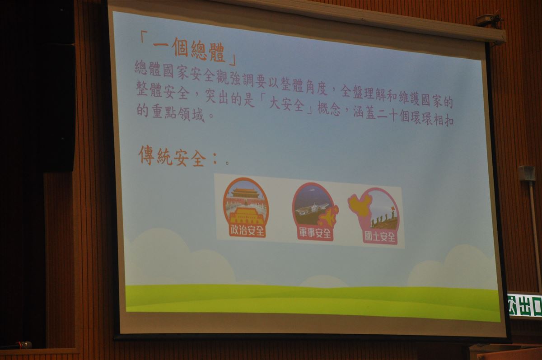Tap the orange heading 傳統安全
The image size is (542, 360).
point(172,156)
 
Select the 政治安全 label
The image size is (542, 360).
point(247,231)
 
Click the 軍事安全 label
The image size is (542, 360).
point(315,234)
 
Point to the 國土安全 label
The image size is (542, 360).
point(380,237)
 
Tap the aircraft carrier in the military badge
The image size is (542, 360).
point(312,209)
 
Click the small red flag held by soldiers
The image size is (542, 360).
point(392,208)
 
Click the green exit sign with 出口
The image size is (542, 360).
point(524,305)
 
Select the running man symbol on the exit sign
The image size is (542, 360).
point(512,306)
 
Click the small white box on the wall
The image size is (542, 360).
point(527,173)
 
